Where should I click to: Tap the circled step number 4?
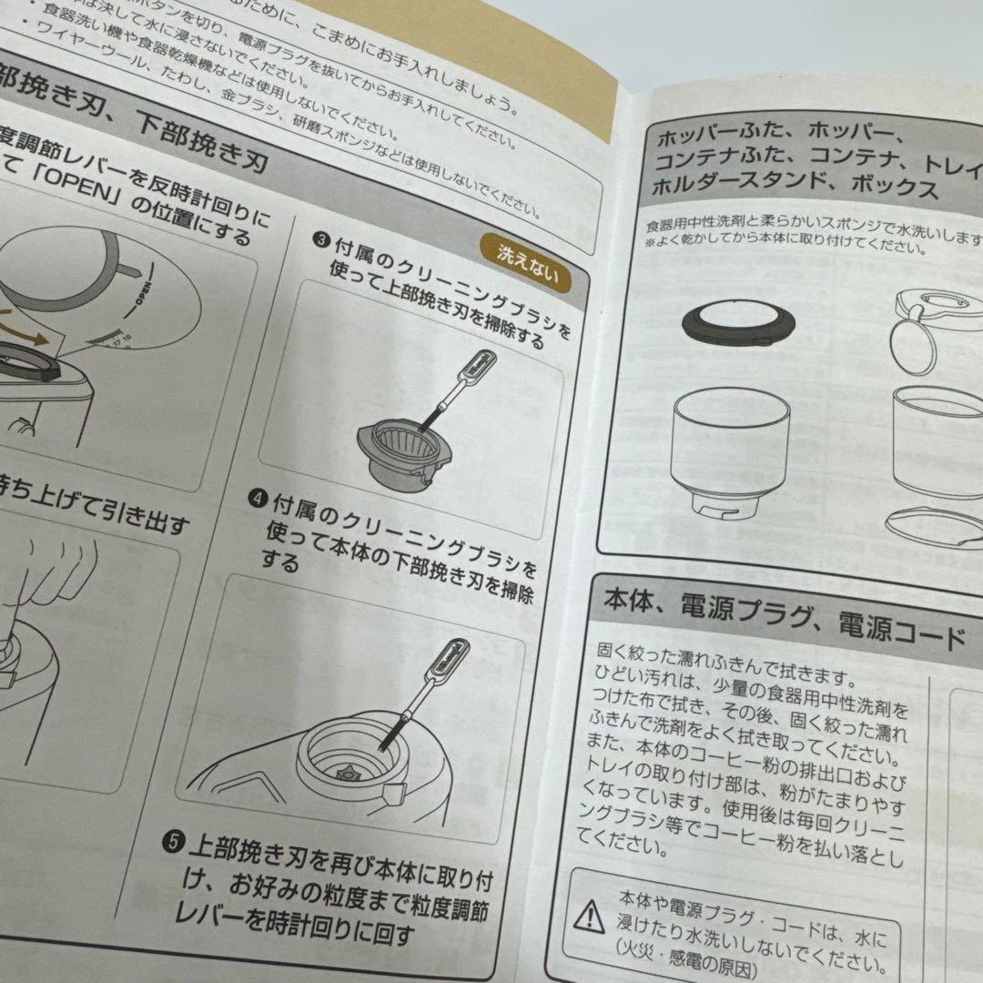coord(258,499)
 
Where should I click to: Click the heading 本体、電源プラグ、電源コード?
coord(783,620)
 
